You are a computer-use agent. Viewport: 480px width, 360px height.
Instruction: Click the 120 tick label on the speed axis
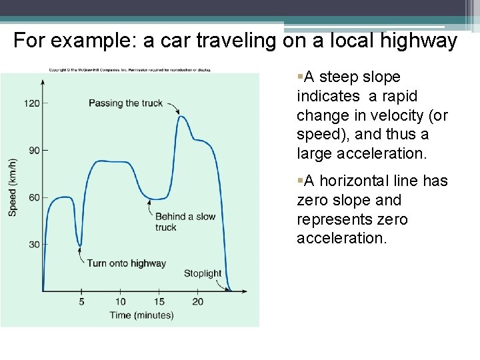click(32, 103)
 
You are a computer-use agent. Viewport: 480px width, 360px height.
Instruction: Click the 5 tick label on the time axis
click(82, 301)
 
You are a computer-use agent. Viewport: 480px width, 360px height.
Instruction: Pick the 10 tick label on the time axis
click(121, 301)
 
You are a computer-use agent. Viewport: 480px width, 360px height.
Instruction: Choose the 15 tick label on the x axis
click(159, 301)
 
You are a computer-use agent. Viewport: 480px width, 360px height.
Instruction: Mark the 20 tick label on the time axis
click(198, 301)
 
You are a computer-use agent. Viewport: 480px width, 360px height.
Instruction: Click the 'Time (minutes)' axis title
click(141, 315)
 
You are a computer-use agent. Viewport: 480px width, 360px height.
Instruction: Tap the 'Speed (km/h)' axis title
click(13, 187)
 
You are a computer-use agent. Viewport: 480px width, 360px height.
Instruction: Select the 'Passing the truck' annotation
click(125, 103)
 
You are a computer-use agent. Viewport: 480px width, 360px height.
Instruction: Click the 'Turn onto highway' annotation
click(126, 263)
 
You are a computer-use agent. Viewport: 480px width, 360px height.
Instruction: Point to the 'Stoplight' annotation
click(203, 273)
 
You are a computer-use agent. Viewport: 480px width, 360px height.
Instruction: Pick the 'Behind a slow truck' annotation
click(185, 221)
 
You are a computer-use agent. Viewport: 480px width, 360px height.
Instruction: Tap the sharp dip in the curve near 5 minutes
click(80, 245)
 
